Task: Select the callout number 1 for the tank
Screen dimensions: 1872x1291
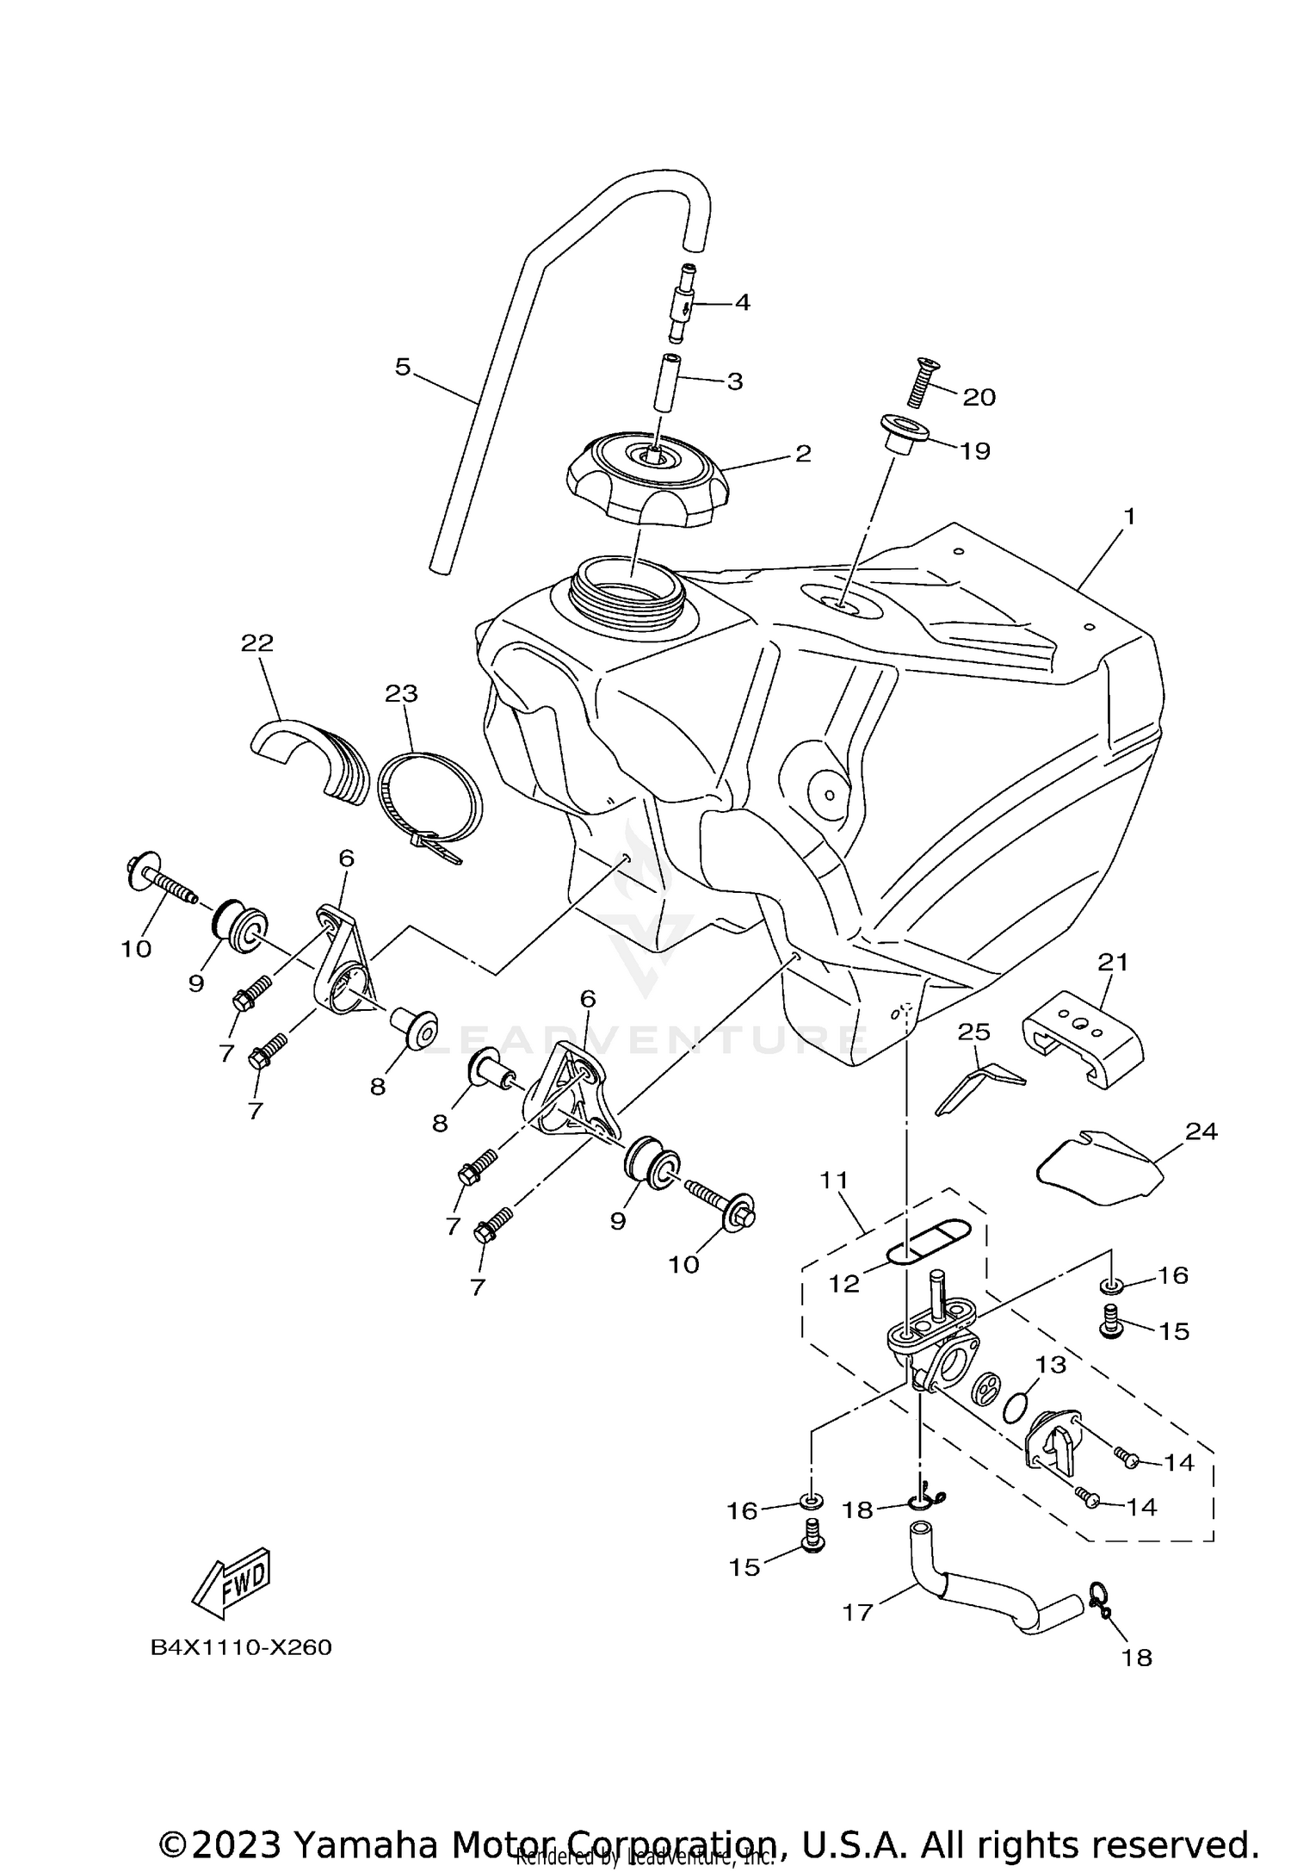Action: (x=1129, y=517)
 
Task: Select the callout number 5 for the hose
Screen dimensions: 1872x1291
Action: (x=403, y=368)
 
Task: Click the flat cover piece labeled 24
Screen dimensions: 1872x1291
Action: (x=1097, y=1168)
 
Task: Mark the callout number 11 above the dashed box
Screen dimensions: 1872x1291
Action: (x=835, y=1181)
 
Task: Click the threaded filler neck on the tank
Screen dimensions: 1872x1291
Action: (x=629, y=587)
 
